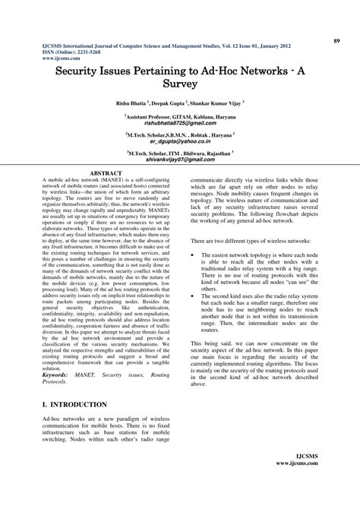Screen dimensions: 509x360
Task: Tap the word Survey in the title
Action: [x=180, y=83]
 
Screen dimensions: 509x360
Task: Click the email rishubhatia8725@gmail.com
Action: [x=180, y=122]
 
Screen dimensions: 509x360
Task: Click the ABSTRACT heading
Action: [x=106, y=174]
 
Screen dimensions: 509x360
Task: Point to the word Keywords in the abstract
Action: [x=60, y=375]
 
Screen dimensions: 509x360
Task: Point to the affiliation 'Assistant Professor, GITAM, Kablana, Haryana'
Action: [x=180, y=115]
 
